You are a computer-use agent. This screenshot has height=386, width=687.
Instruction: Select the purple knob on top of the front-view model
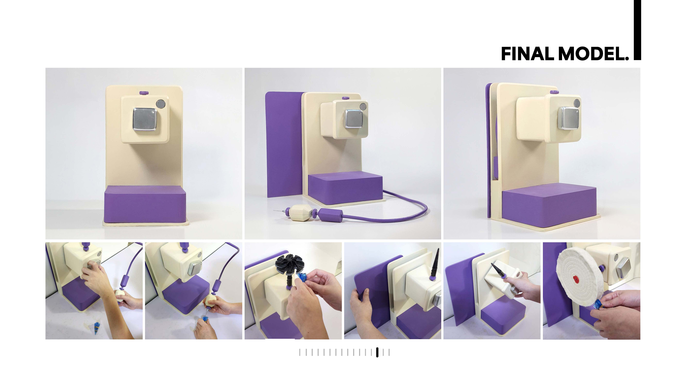point(144,93)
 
